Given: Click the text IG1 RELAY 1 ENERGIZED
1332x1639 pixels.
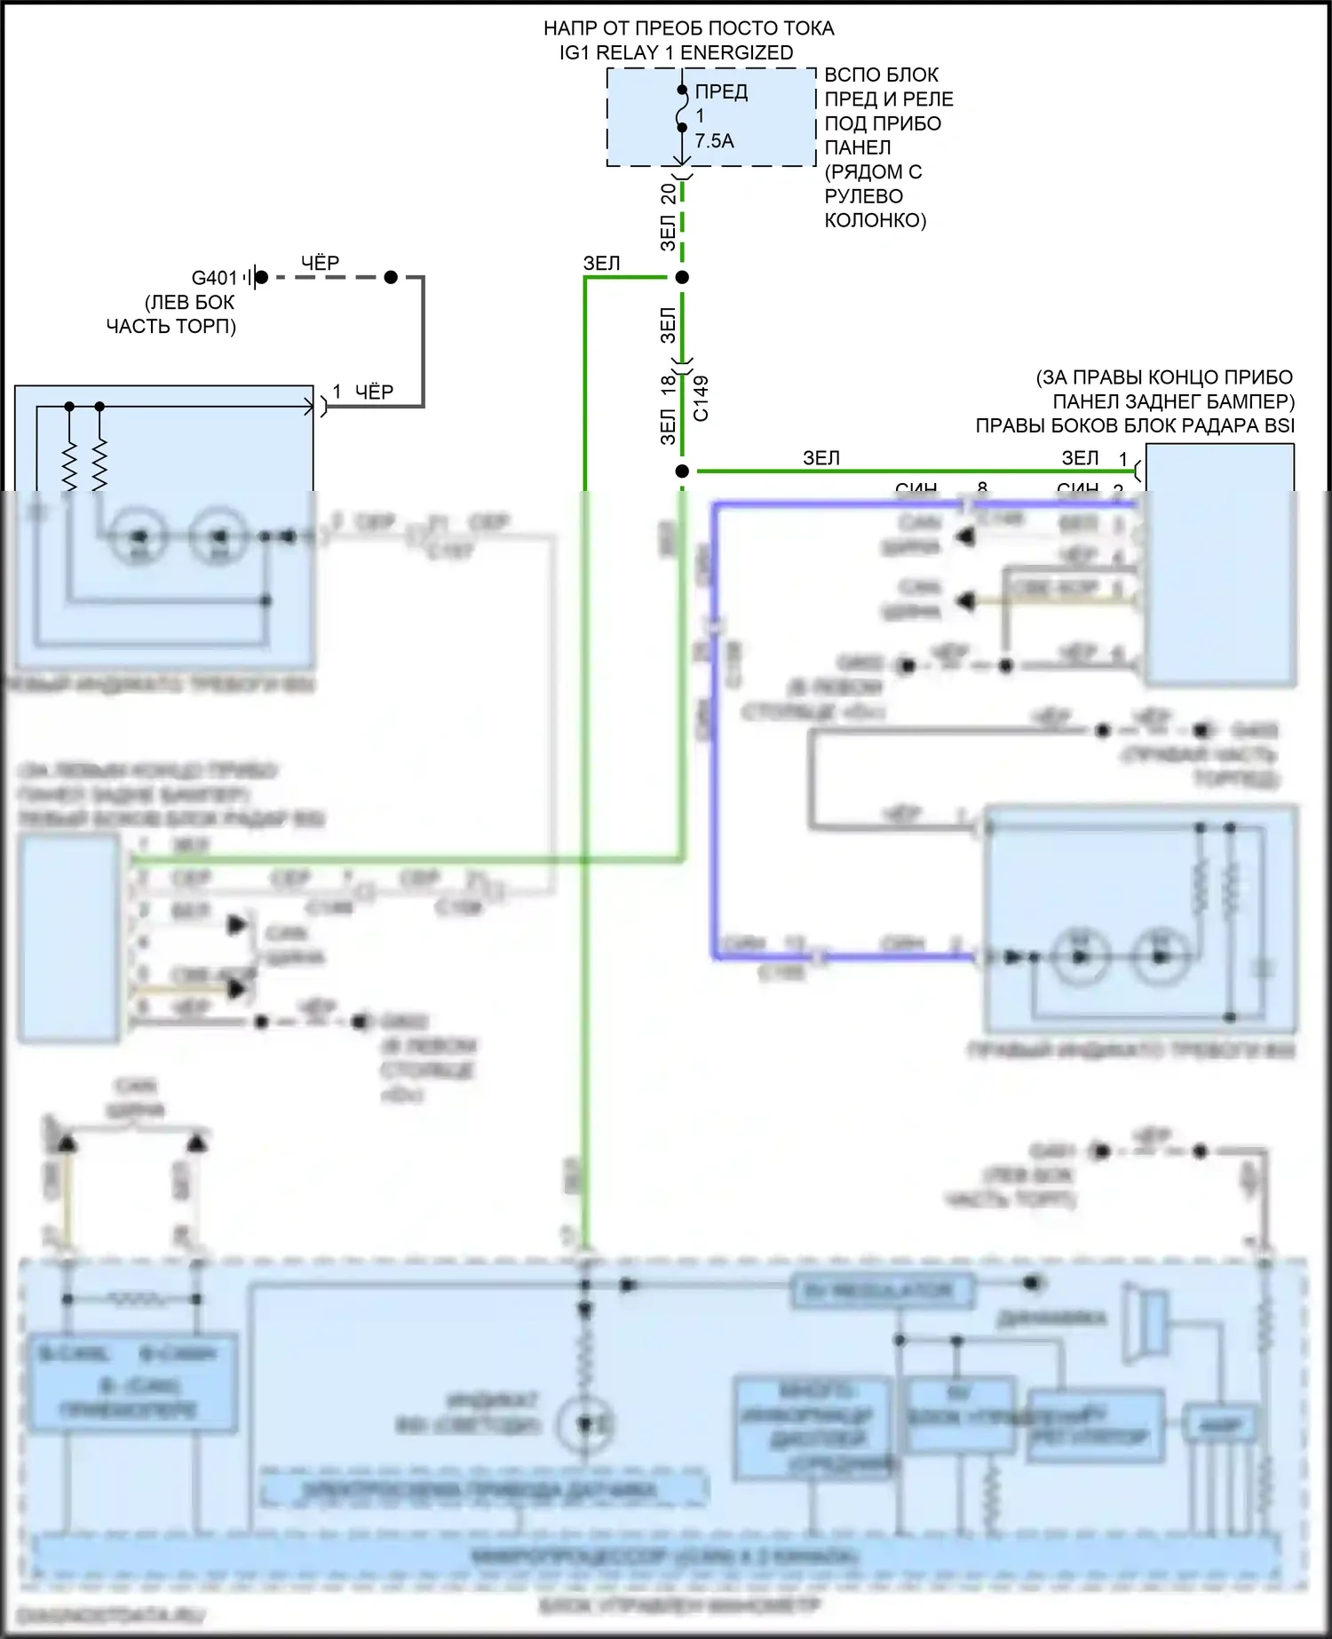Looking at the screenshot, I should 676,52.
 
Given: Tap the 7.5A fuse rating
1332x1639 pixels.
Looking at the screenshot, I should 714,141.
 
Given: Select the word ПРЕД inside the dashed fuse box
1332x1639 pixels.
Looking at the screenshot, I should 721,91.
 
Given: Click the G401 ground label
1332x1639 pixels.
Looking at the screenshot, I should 214,278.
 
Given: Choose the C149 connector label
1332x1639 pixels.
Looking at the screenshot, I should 702,398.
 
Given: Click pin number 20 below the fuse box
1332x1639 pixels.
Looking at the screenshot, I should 669,194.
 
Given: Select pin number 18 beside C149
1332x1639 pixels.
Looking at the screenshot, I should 669,385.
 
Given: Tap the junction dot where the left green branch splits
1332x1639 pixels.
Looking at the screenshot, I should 682,278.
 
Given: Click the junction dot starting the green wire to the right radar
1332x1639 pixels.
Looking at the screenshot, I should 682,471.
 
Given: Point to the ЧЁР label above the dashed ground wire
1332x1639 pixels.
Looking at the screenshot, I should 320,263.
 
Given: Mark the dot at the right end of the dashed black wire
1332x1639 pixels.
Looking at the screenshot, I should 391,278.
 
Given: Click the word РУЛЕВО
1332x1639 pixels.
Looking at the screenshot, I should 863,196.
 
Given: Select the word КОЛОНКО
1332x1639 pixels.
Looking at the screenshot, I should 875,220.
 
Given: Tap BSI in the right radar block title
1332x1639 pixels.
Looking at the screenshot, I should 1279,426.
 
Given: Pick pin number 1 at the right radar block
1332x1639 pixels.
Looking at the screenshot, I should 1123,459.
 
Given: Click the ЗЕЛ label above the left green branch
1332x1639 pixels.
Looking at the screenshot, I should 601,263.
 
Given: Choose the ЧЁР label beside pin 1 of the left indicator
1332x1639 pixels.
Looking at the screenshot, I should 374,392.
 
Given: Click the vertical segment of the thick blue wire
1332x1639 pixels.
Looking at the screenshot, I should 715,728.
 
